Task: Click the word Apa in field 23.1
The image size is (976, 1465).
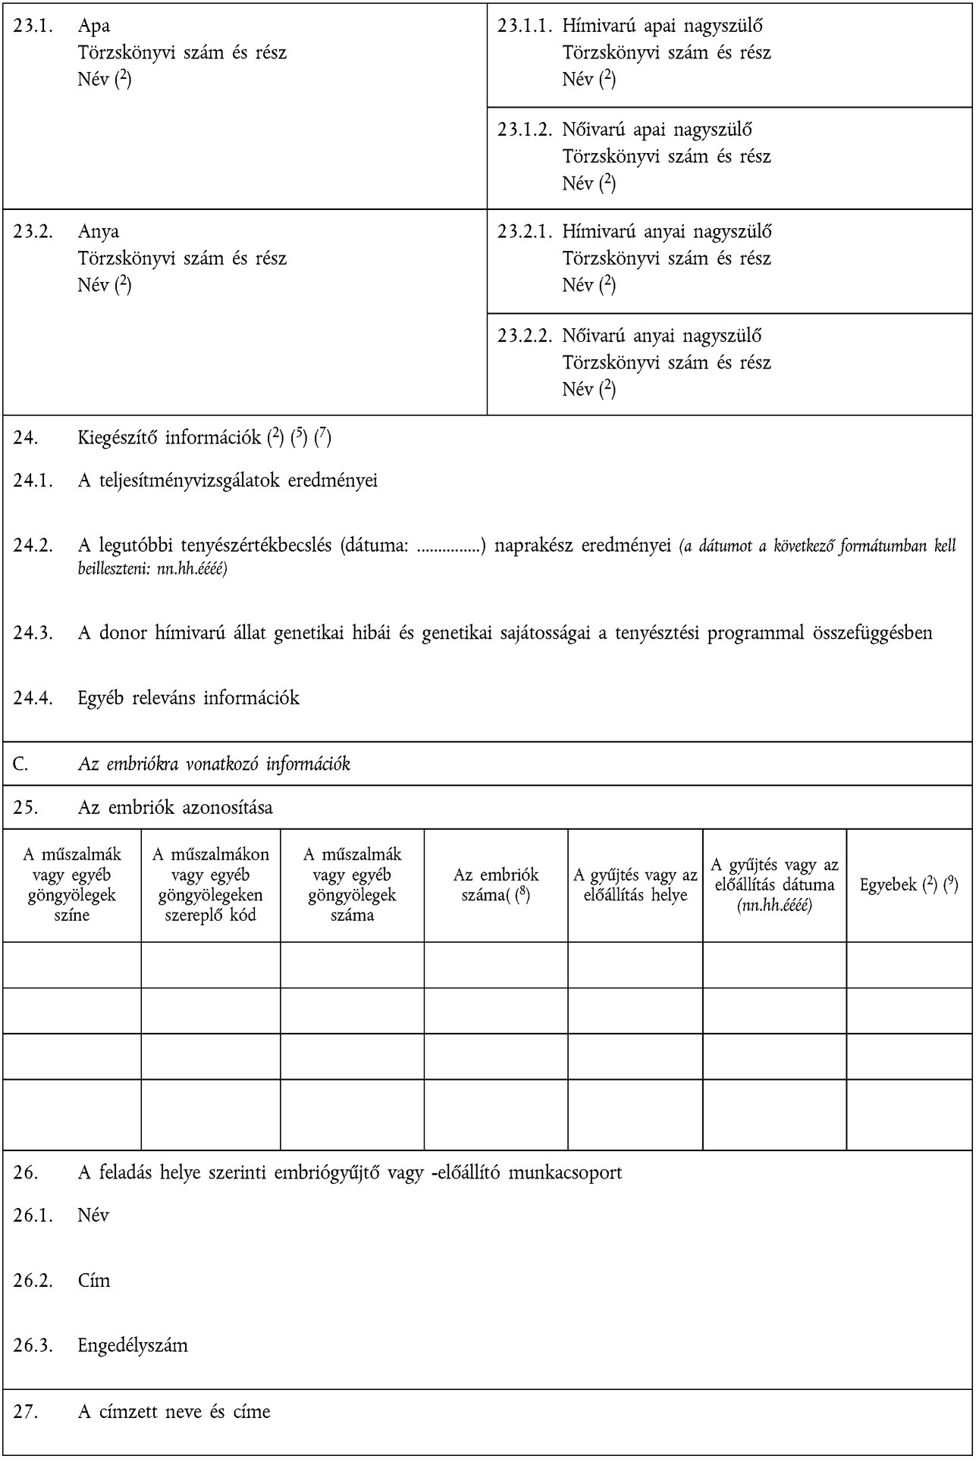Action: [93, 27]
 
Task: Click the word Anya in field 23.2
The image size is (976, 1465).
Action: [98, 232]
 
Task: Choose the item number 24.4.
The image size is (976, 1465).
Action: [32, 698]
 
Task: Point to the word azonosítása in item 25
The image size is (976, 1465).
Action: [228, 808]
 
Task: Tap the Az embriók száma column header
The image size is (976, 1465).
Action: [495, 884]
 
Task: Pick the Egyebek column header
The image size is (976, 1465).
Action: [909, 884]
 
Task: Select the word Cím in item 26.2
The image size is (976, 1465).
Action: [93, 1281]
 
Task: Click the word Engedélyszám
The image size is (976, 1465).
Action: [132, 1346]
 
